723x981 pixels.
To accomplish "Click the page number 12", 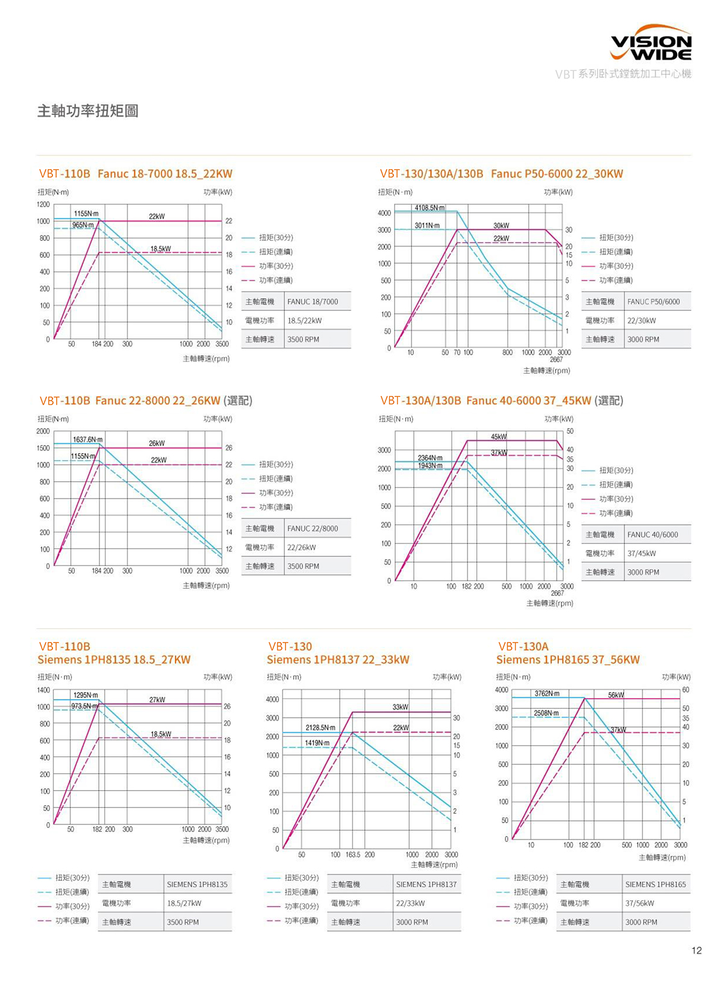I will (696, 950).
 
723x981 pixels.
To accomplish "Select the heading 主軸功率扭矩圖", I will (88, 111).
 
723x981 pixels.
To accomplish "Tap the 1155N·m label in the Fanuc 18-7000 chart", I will (86, 214).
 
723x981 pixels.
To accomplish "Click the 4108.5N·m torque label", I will (429, 208).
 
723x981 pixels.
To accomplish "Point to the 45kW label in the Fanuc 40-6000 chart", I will (499, 437).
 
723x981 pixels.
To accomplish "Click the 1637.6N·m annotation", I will (87, 440).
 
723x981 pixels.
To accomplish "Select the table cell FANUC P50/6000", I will (653, 302).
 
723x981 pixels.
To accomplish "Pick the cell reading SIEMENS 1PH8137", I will (426, 884).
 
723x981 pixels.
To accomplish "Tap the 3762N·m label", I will (546, 694).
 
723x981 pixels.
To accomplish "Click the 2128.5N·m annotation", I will (321, 728).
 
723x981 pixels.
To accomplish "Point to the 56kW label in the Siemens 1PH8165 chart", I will (616, 695).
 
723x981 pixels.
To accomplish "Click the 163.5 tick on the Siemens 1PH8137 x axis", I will (353, 855).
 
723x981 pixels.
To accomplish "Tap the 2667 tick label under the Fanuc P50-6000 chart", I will (556, 360).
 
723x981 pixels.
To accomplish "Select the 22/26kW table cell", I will (301, 547).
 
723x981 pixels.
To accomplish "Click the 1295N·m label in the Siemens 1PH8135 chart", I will (86, 695).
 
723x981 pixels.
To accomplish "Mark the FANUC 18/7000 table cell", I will (313, 302).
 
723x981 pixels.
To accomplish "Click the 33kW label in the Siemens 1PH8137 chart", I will (400, 707).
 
